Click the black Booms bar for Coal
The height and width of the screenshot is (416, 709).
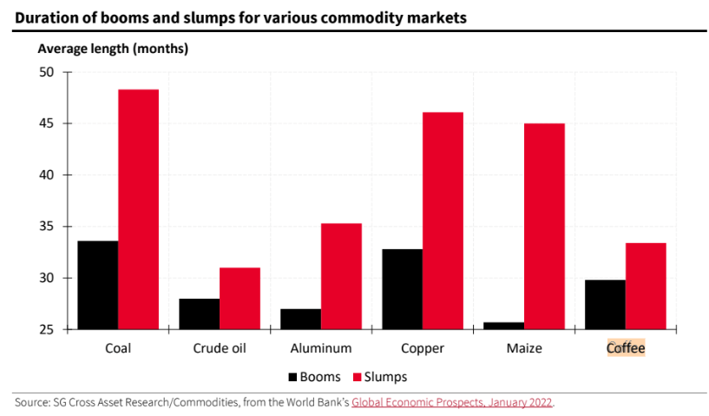click(97, 285)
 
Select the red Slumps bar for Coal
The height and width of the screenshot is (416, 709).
click(138, 209)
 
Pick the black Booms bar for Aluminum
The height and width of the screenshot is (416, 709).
click(300, 319)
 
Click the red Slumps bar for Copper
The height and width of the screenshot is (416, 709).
click(443, 221)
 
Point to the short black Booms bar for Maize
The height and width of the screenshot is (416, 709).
click(503, 326)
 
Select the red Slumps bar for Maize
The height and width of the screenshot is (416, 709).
click(544, 226)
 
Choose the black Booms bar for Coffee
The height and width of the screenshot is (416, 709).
click(605, 304)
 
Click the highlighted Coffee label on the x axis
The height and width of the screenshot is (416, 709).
click(626, 348)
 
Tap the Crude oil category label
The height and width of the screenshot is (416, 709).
click(220, 348)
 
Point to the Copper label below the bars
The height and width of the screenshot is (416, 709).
click(423, 348)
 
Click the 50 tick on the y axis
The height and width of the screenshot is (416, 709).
click(45, 72)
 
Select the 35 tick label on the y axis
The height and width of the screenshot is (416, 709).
click(45, 227)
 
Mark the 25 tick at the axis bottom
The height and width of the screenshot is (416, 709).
click(45, 330)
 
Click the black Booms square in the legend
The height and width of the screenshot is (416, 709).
click(292, 377)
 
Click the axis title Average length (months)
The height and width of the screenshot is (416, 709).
click(113, 49)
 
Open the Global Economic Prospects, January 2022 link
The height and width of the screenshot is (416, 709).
click(451, 402)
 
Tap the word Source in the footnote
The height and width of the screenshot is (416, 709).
click(31, 402)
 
